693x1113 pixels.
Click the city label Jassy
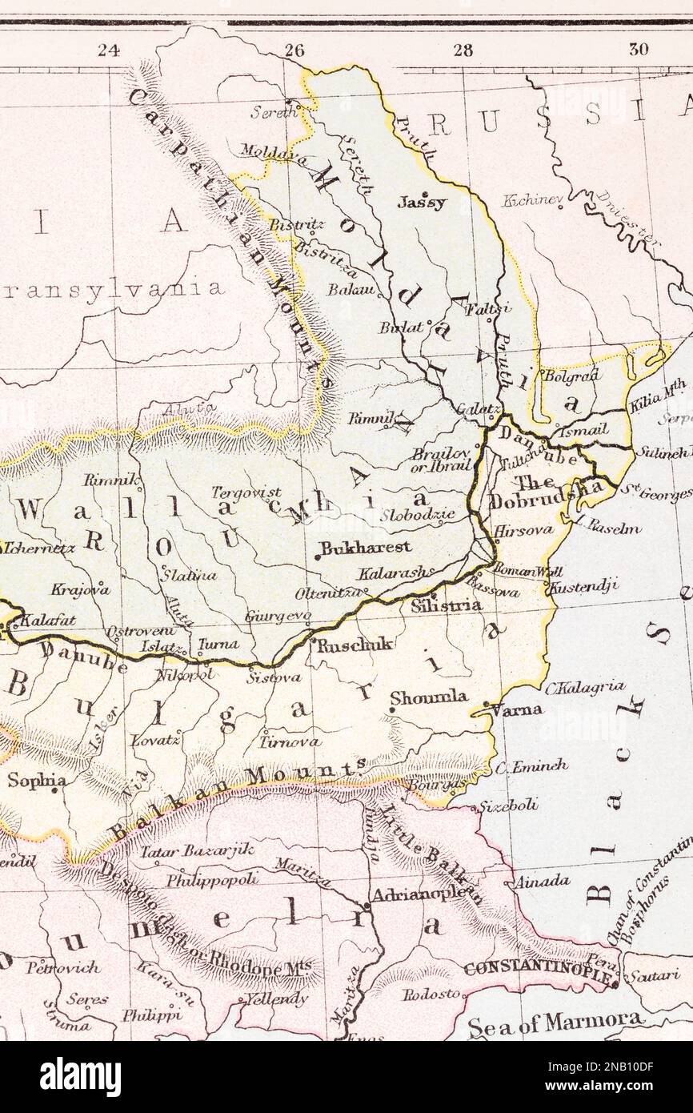pos(422,203)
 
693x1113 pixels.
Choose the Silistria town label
pos(446,606)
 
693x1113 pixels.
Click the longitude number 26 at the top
pos(294,50)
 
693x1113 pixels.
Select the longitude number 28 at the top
pos(463,50)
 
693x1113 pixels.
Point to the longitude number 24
pos(108,50)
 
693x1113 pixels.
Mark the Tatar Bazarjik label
pos(198,850)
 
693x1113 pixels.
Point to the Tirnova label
pos(290,741)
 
